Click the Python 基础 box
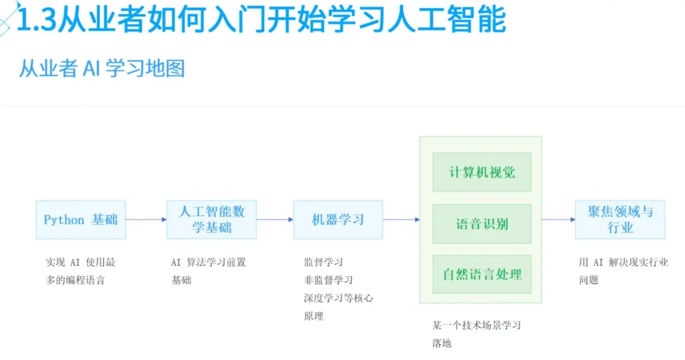coord(80,220)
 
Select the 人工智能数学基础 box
coord(212,220)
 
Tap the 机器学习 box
coord(338,220)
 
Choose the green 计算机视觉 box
coord(482,172)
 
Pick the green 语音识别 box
coord(482,224)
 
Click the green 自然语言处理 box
coord(482,274)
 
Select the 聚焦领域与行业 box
coord(620,220)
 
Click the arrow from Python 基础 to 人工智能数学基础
coord(146,220)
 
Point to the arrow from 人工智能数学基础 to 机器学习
coord(275,220)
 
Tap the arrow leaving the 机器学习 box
coord(401,220)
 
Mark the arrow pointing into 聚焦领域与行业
coord(558,220)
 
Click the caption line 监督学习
coord(323,262)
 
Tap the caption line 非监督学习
coord(328,280)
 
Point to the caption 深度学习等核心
coord(339,298)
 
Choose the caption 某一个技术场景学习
coord(477,326)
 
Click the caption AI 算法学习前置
coord(208,262)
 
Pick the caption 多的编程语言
coord(75,280)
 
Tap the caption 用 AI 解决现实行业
coord(623,262)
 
